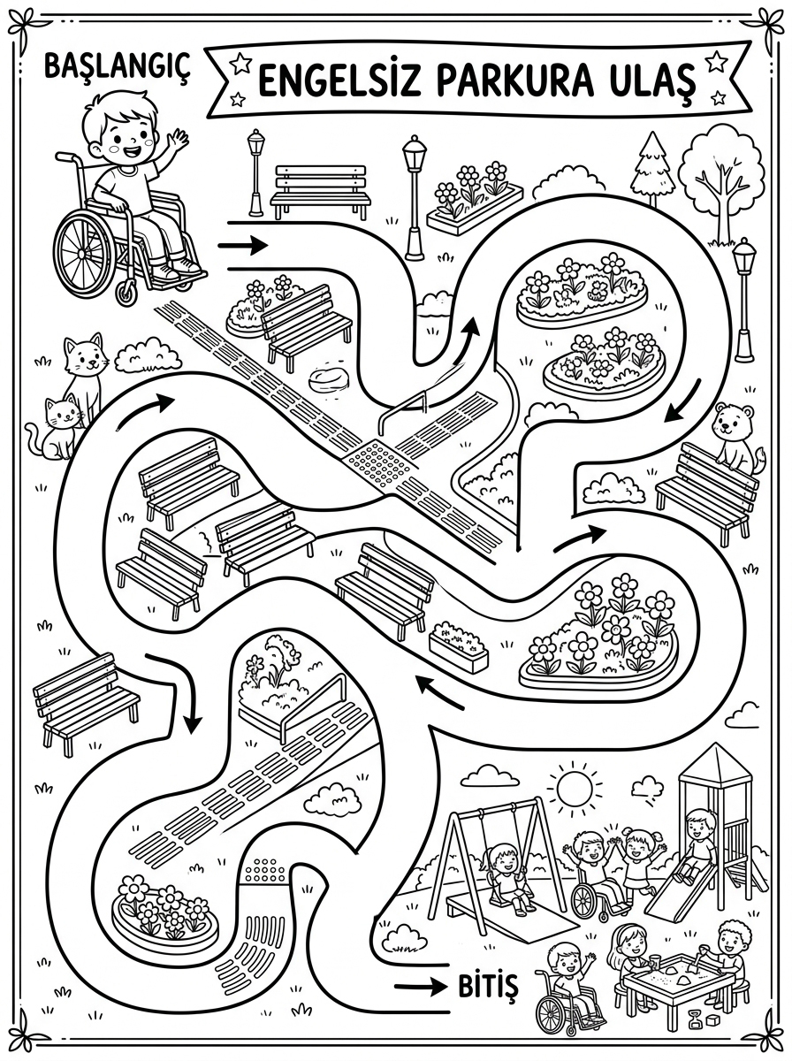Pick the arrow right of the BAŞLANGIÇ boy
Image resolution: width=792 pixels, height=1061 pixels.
coord(242,245)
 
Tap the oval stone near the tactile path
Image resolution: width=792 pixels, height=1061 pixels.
coord(329,378)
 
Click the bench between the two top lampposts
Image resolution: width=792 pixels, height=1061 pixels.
coord(320,192)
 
